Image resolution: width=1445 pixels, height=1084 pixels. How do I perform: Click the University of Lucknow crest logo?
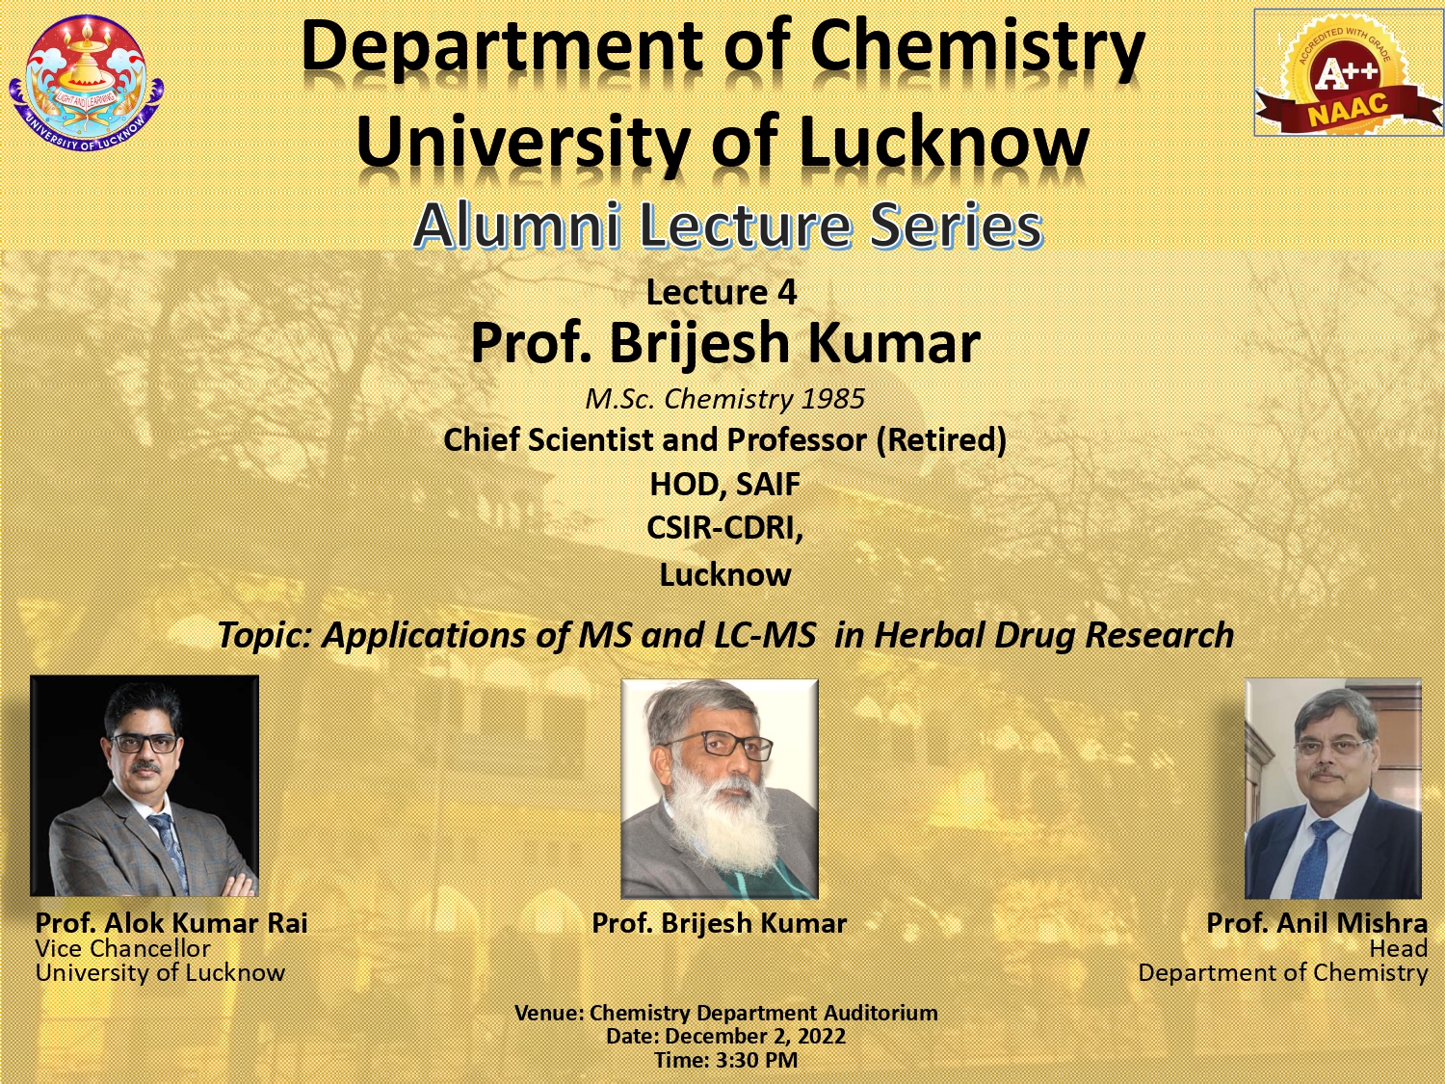tap(87, 84)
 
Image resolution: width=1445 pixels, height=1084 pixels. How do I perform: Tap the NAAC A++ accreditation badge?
tap(1349, 73)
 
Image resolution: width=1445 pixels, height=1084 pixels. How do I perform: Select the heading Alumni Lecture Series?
tap(728, 225)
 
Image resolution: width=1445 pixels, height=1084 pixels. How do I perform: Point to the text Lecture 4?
tap(722, 292)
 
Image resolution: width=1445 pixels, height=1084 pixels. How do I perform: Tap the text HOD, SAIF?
tap(724, 485)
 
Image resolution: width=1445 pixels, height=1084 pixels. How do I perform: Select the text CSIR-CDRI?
tap(724, 528)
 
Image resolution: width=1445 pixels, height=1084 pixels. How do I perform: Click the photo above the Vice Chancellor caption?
tap(144, 785)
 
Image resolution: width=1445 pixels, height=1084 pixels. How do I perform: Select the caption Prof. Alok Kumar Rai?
tap(171, 923)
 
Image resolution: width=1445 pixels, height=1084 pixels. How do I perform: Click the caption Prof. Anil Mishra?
tap(1317, 923)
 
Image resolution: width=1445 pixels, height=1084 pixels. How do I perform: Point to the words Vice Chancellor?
tap(122, 948)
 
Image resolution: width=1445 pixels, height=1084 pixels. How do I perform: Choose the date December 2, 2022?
tap(755, 1036)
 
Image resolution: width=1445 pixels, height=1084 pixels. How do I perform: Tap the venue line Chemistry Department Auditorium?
tap(764, 1013)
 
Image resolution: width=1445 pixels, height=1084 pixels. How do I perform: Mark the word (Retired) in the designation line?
tap(941, 440)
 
